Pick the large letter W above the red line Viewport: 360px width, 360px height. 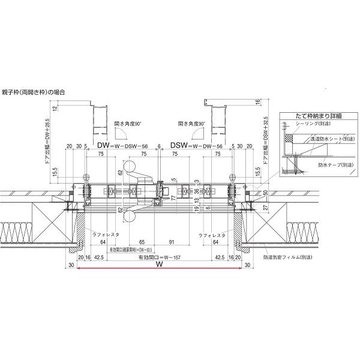click(x=159, y=264)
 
